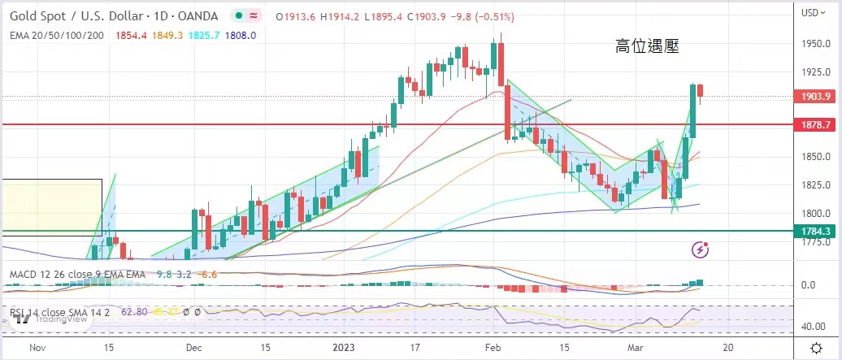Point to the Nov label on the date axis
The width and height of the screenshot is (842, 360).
[x=36, y=345]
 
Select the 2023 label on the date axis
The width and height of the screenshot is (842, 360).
[x=345, y=345]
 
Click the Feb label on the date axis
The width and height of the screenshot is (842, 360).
[x=493, y=345]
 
